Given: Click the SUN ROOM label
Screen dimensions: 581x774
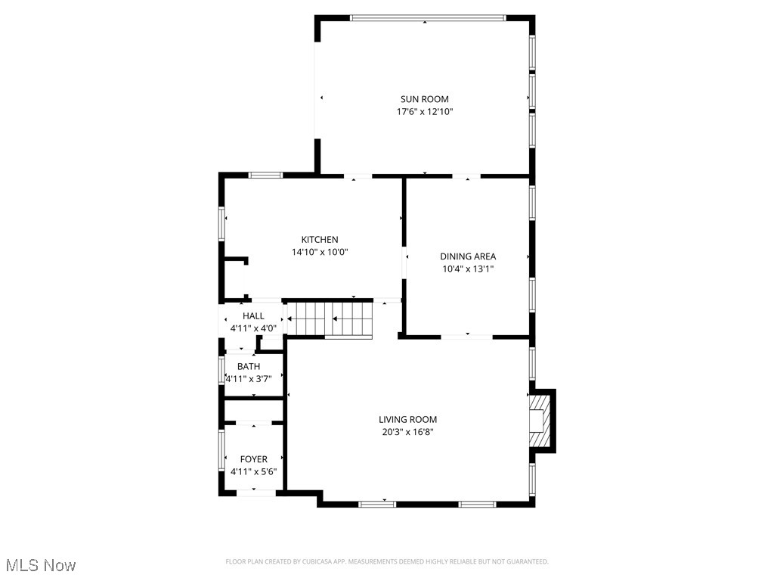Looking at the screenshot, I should pyautogui.click(x=424, y=99).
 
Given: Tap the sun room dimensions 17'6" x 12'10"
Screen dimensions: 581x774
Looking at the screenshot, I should pyautogui.click(x=424, y=112).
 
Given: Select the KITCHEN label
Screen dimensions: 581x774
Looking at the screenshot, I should pyautogui.click(x=320, y=240).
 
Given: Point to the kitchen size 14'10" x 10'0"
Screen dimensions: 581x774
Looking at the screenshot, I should pyautogui.click(x=320, y=253).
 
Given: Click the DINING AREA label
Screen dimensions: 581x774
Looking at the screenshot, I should pyautogui.click(x=468, y=256).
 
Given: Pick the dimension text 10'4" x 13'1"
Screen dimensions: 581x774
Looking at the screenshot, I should pyautogui.click(x=468, y=269).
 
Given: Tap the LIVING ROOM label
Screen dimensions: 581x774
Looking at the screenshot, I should pyautogui.click(x=407, y=420).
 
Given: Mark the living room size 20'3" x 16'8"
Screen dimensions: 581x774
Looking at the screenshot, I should pyautogui.click(x=407, y=433).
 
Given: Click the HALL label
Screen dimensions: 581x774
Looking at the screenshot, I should pyautogui.click(x=253, y=315).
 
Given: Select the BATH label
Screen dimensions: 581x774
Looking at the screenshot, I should pyautogui.click(x=249, y=367).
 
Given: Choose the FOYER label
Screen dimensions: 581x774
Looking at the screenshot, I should pyautogui.click(x=253, y=459).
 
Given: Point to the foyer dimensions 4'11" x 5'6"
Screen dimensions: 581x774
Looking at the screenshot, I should pyautogui.click(x=253, y=472).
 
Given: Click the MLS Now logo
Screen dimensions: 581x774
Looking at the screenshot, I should pyautogui.click(x=41, y=565).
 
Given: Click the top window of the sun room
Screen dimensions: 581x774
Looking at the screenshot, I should pyautogui.click(x=427, y=17).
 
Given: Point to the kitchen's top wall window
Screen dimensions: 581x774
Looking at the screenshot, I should pyautogui.click(x=265, y=176).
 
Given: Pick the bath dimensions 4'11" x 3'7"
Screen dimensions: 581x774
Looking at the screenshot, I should pyautogui.click(x=249, y=379).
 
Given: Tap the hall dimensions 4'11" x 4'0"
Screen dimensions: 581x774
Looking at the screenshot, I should pyautogui.click(x=253, y=328).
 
